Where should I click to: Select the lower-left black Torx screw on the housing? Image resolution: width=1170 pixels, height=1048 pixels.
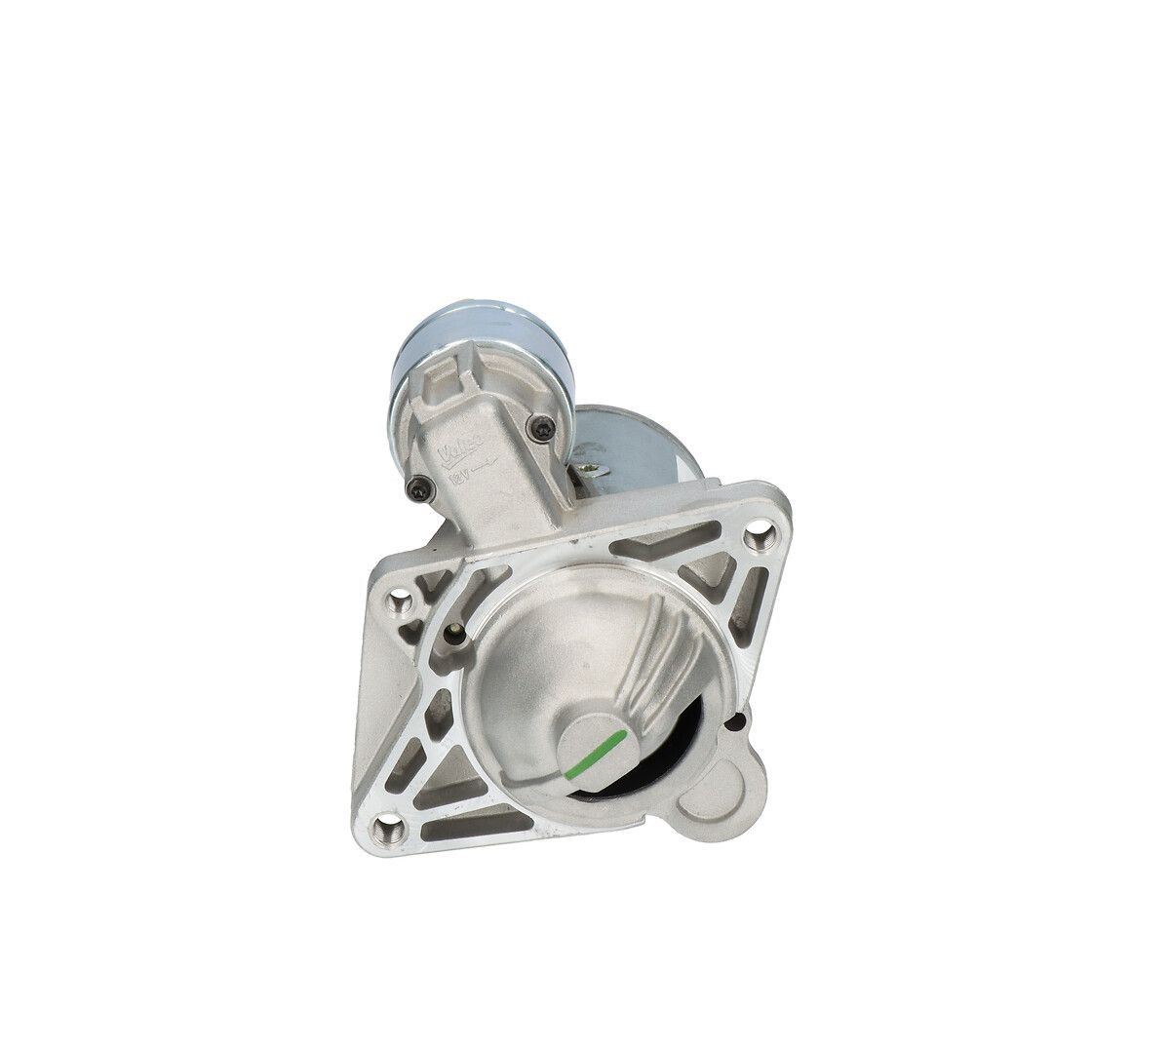pyautogui.click(x=416, y=492)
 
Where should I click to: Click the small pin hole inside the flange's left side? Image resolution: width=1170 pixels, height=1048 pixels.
pyautogui.click(x=454, y=634)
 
